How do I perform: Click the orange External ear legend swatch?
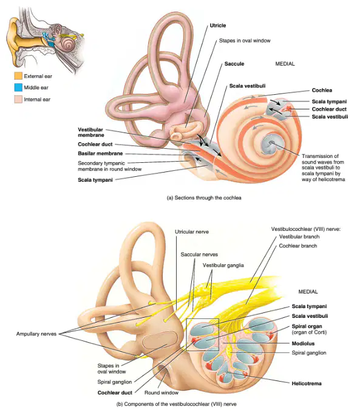(18, 76)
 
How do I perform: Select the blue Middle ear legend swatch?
(18, 88)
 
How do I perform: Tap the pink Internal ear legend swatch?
(18, 99)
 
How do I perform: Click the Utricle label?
(218, 26)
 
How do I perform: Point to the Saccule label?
(234, 64)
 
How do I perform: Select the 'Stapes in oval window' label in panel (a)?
(245, 41)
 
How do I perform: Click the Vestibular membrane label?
(91, 132)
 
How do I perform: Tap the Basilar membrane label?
(100, 154)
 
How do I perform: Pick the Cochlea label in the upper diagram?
(322, 91)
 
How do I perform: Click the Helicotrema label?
(307, 383)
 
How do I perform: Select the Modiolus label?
(303, 344)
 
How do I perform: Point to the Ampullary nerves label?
(36, 334)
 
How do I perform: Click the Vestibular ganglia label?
(223, 266)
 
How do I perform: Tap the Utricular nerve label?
(192, 232)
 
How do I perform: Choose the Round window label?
(161, 393)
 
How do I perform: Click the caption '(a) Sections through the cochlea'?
(204, 198)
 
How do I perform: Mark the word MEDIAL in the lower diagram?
(308, 292)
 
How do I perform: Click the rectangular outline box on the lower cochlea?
(186, 334)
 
